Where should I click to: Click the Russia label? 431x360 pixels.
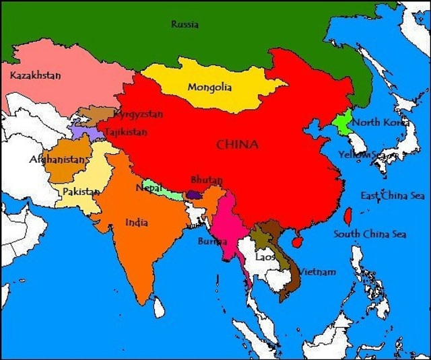coord(185,24)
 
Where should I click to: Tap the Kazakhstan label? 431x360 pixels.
coord(35,75)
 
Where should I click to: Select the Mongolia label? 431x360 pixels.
coord(209,87)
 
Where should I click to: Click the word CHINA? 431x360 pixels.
coord(238,144)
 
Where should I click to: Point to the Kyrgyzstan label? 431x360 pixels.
coord(139,114)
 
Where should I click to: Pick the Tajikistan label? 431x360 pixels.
coord(126,133)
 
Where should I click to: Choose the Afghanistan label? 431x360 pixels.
coord(59,160)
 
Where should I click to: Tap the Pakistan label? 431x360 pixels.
coord(81,192)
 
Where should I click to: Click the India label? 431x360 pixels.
coord(137,222)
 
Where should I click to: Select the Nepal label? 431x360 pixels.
coord(148,188)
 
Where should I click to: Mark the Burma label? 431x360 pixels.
coord(210,241)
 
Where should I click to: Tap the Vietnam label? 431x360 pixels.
coord(317,272)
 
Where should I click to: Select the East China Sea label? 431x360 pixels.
coord(393,196)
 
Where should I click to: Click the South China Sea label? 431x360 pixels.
coord(370,234)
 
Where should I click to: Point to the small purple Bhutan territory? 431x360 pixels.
coord(195,194)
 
